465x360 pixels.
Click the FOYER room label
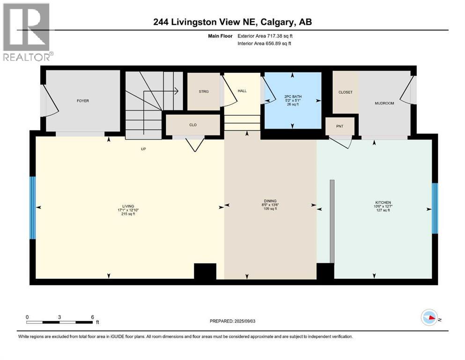[x=83, y=101]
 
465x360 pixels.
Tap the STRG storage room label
[x=203, y=91]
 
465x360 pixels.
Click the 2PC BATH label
[x=292, y=98]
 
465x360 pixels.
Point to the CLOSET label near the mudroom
[x=345, y=92]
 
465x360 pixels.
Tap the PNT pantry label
[x=340, y=126]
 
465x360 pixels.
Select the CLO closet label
[x=192, y=125]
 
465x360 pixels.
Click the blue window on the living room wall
[x=32, y=207]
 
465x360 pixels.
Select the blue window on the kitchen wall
[x=434, y=208]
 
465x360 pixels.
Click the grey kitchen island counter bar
[x=332, y=221]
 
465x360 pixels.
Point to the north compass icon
[x=429, y=317]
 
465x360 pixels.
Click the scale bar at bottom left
[x=59, y=322]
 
